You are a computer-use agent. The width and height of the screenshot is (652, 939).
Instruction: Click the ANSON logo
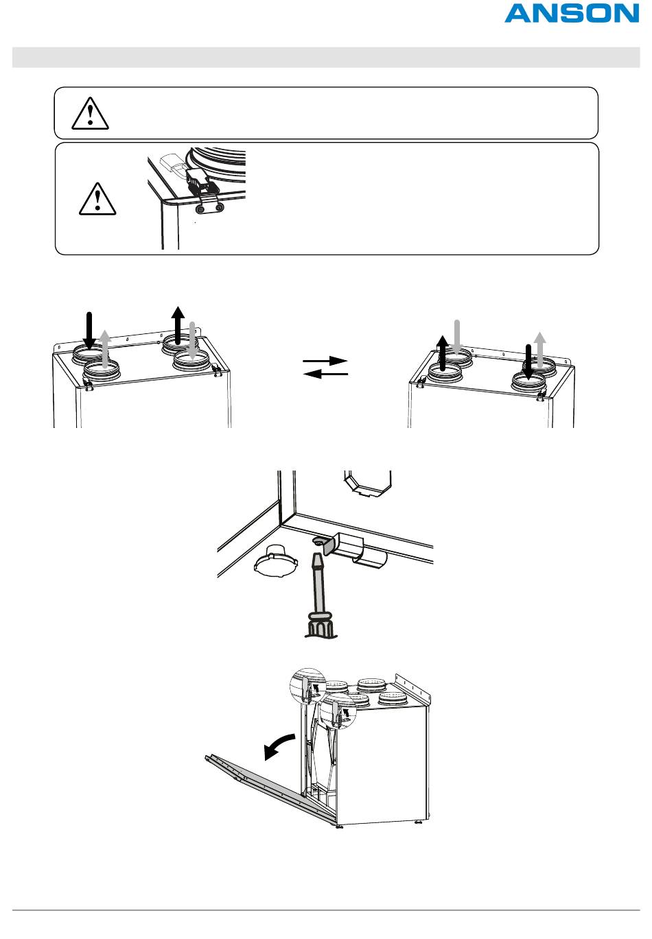tap(572, 14)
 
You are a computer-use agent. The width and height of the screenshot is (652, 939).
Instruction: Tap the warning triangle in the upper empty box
tap(90, 113)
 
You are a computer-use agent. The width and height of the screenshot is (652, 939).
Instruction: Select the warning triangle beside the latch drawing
tap(97, 199)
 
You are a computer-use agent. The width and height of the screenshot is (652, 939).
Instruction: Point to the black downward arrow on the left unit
tap(89, 331)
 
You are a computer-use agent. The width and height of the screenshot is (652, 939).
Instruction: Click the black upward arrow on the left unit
tap(178, 325)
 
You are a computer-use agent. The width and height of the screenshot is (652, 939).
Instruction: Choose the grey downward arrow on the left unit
tap(192, 341)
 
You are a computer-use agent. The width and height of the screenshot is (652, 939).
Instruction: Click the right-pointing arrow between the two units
tap(325, 361)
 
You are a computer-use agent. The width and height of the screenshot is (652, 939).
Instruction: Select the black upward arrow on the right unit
tap(442, 353)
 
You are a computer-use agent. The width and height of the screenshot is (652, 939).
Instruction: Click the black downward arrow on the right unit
tap(528, 361)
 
